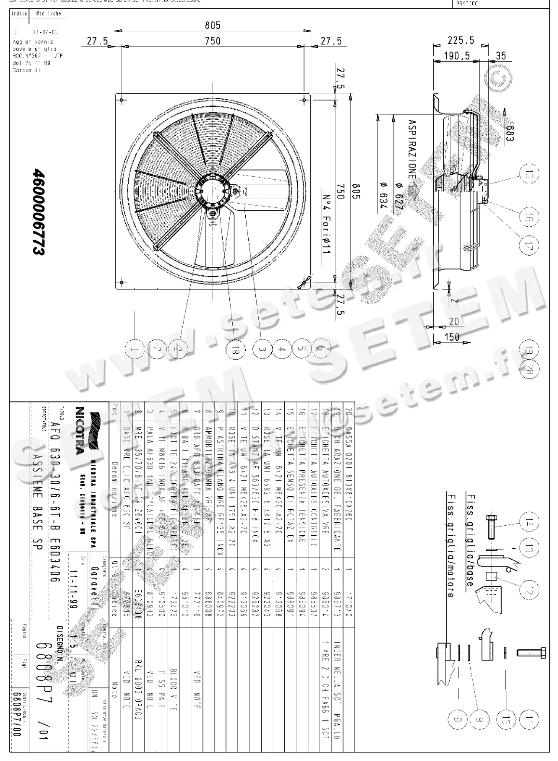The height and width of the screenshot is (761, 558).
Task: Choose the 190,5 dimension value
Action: pos(457,56)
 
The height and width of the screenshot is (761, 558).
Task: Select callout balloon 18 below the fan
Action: pos(235,351)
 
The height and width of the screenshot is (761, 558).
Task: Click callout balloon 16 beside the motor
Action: pos(529,216)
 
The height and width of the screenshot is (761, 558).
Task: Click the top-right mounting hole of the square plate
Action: pos(304,100)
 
